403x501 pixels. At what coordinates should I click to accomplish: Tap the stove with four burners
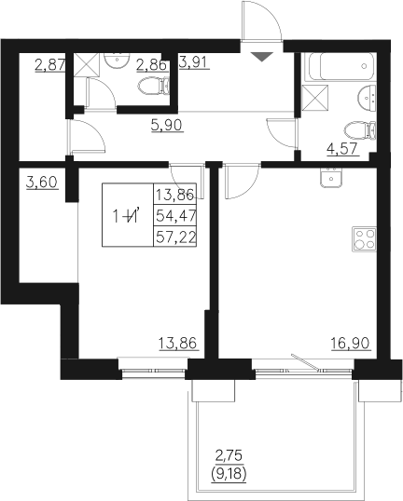(x=363, y=239)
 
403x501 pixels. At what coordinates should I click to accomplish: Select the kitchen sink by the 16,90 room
(x=332, y=178)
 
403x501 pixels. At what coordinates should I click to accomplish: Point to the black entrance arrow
(x=263, y=58)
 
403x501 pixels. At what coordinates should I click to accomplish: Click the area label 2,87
(x=48, y=65)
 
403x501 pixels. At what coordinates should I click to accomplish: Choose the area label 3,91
(x=193, y=63)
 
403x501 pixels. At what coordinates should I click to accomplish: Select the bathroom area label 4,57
(x=341, y=147)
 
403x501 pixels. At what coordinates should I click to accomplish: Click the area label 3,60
(x=42, y=183)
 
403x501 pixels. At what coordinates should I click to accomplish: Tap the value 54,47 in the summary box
(x=174, y=216)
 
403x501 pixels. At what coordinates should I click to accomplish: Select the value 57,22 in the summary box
(x=174, y=237)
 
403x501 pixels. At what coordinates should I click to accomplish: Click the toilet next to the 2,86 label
(x=154, y=88)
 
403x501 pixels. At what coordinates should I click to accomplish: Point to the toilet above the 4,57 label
(x=355, y=129)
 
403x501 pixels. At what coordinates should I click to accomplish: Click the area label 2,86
(x=151, y=64)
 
